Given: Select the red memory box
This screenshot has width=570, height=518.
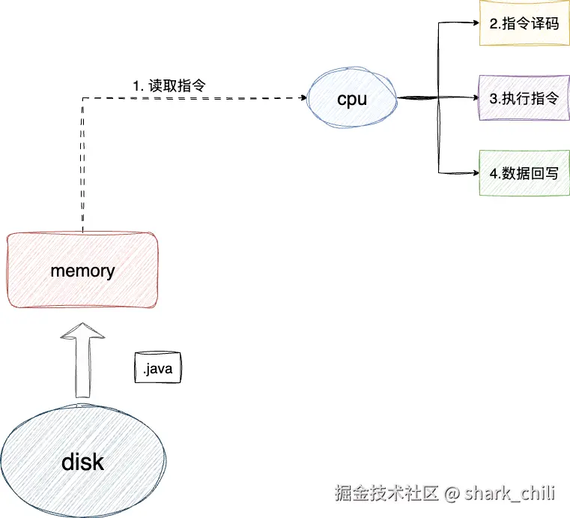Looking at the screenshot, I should click(x=82, y=271).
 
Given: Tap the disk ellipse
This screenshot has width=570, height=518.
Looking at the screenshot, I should click(x=82, y=461).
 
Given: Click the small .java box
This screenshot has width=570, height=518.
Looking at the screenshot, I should click(x=157, y=368).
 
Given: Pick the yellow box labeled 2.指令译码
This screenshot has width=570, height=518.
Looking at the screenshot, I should click(x=524, y=23).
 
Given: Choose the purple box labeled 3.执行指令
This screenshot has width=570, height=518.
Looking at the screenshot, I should click(x=524, y=98).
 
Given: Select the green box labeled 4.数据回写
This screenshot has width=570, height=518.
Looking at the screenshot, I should click(x=524, y=173).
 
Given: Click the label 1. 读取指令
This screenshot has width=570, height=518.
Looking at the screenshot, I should click(x=169, y=85).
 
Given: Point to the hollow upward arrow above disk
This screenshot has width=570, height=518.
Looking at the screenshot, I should click(x=82, y=361).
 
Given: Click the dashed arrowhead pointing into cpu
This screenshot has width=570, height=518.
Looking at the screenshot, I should click(x=304, y=97).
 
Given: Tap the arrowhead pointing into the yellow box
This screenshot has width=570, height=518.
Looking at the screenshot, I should click(x=474, y=23).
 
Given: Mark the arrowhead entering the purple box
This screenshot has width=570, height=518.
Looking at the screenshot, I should click(x=474, y=98).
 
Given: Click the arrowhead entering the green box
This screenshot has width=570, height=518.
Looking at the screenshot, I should click(x=474, y=173).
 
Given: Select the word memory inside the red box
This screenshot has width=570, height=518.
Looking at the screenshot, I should click(x=82, y=271).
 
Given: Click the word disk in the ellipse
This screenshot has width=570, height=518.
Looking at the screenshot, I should click(x=82, y=462).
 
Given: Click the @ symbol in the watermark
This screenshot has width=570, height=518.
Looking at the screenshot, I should click(x=451, y=493).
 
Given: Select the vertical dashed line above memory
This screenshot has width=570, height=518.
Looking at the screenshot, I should click(x=82, y=165).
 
